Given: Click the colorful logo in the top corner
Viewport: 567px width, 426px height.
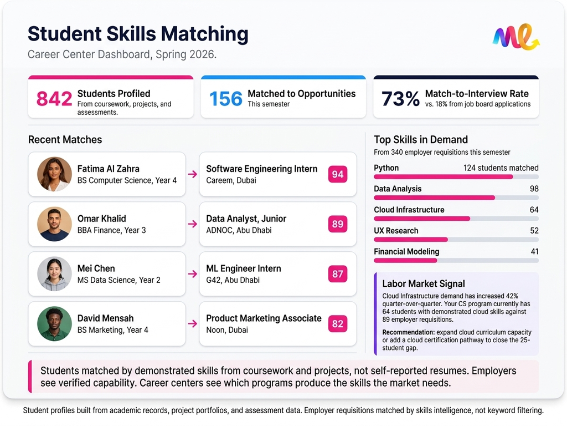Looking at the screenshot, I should tap(516, 37).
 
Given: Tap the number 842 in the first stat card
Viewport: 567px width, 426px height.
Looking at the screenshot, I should tap(54, 99).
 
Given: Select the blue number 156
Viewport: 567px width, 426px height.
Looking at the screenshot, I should tap(226, 99).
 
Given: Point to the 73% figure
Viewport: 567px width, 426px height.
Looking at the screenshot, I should tap(400, 99).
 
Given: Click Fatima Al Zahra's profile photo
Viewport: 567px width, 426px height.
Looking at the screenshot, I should tap(54, 174).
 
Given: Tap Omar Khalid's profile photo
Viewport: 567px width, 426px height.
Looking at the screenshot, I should tap(54, 224).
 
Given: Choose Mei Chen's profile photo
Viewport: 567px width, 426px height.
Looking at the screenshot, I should tap(54, 274).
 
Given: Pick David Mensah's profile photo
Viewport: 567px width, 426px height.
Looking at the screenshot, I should tap(54, 324).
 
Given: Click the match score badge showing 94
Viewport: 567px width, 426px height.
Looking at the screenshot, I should tap(337, 174).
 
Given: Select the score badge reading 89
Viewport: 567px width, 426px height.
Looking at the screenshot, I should tap(337, 224).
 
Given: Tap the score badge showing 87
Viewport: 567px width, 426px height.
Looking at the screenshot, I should tap(337, 274).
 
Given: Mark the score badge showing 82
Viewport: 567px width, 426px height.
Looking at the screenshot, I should tap(337, 324).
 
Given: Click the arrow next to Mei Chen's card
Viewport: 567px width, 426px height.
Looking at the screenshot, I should tap(192, 274).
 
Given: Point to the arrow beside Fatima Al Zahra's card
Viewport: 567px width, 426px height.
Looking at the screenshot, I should tap(192, 174).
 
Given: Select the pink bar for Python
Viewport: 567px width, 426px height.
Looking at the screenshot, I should tap(443, 177).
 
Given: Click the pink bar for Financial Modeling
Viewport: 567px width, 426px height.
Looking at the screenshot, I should tap(405, 260).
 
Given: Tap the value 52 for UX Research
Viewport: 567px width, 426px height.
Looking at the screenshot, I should tap(534, 231).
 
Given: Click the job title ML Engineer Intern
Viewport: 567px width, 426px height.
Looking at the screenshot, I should tap(244, 268).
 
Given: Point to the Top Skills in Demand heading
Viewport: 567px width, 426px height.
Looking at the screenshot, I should tap(421, 140).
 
